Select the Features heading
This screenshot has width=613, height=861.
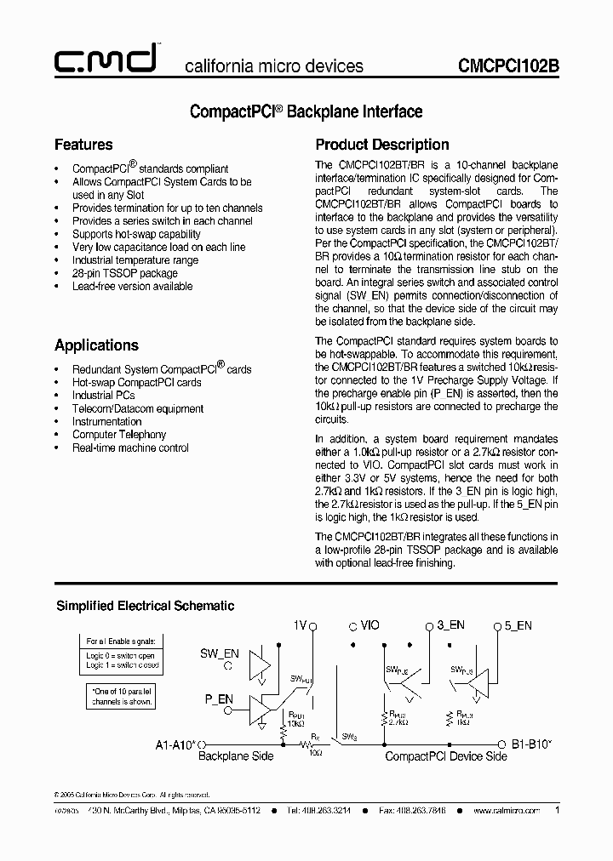tap(83, 145)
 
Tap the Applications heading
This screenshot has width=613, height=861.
tap(96, 345)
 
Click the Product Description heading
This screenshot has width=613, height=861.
tap(382, 145)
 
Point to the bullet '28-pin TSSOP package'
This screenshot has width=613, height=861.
tap(125, 273)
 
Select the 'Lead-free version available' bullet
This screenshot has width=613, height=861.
tap(132, 287)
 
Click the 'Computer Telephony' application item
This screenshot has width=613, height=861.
tap(118, 435)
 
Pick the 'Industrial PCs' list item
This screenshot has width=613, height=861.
tap(103, 396)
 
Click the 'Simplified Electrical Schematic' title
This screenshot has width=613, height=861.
tap(145, 606)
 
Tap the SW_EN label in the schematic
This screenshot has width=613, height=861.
tap(220, 653)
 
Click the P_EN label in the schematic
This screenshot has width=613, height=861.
tap(219, 699)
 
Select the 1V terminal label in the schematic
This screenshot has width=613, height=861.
tap(299, 625)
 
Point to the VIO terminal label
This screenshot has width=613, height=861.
tap(370, 625)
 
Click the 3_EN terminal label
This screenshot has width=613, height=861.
tap(450, 625)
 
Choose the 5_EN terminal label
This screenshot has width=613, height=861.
tap(518, 625)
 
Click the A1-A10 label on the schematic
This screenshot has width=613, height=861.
tap(176, 743)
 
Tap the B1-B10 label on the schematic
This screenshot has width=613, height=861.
tap(532, 743)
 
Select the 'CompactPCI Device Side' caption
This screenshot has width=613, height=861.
tap(446, 756)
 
